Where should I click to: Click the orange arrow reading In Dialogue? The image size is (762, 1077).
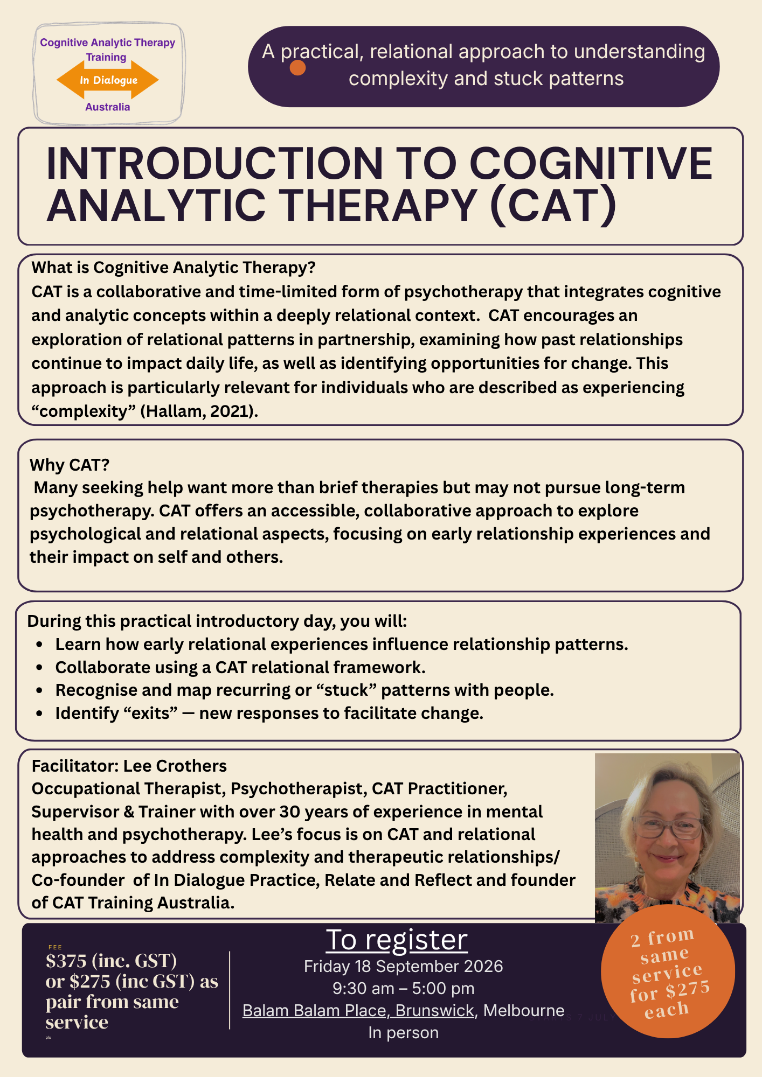pos(108,80)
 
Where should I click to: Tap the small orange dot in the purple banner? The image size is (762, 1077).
pos(297,68)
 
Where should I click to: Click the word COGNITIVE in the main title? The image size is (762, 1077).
pos(591,163)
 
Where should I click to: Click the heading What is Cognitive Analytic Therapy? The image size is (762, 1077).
pos(174,268)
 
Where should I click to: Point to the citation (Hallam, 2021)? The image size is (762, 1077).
pos(199,411)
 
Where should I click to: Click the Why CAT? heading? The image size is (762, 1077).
pos(70,465)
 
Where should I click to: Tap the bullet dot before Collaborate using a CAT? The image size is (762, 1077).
pos(39,668)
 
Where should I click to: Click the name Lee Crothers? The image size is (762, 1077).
pos(175,766)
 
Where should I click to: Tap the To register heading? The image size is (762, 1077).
pos(397,940)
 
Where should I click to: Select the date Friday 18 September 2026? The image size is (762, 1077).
pos(403,967)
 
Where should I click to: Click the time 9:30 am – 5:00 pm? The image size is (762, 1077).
pos(403,989)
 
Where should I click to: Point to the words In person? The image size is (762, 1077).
pos(403,1033)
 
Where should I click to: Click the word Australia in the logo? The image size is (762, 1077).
pos(108,107)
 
